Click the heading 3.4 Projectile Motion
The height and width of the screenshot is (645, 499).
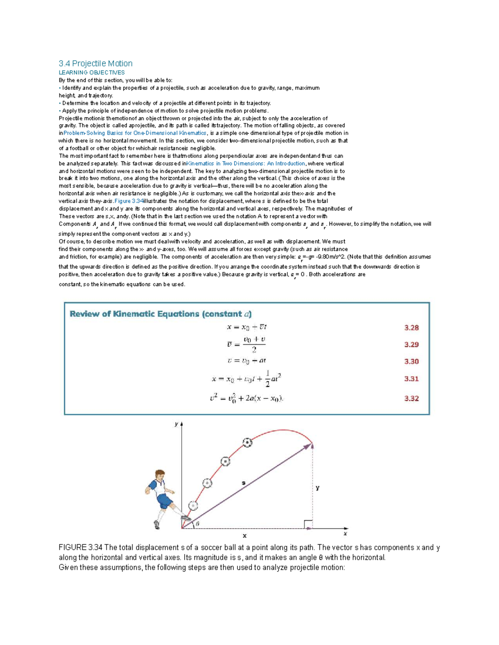coord(96,64)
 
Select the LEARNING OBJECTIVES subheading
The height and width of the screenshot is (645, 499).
coord(91,73)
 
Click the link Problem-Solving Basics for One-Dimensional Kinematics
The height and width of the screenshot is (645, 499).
coord(135,133)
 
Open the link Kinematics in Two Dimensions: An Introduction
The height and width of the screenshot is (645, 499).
coord(246,164)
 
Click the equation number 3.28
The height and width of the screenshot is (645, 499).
coord(411,328)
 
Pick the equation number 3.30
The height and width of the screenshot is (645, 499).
coord(411,361)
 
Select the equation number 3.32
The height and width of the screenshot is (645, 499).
coord(411,398)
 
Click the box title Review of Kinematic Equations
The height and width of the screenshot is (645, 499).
coord(161,314)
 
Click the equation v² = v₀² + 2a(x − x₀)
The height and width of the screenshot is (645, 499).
coord(247,398)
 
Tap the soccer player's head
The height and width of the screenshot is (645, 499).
coord(160,476)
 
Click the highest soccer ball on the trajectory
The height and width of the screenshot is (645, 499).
coord(247,443)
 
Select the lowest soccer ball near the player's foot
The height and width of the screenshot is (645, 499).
coord(193,505)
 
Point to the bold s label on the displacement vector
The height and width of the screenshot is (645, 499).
coord(244,483)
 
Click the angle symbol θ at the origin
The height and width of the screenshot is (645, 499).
coord(198,524)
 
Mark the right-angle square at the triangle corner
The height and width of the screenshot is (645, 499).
coord(308,524)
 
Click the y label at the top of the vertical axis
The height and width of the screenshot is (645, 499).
coord(176,424)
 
